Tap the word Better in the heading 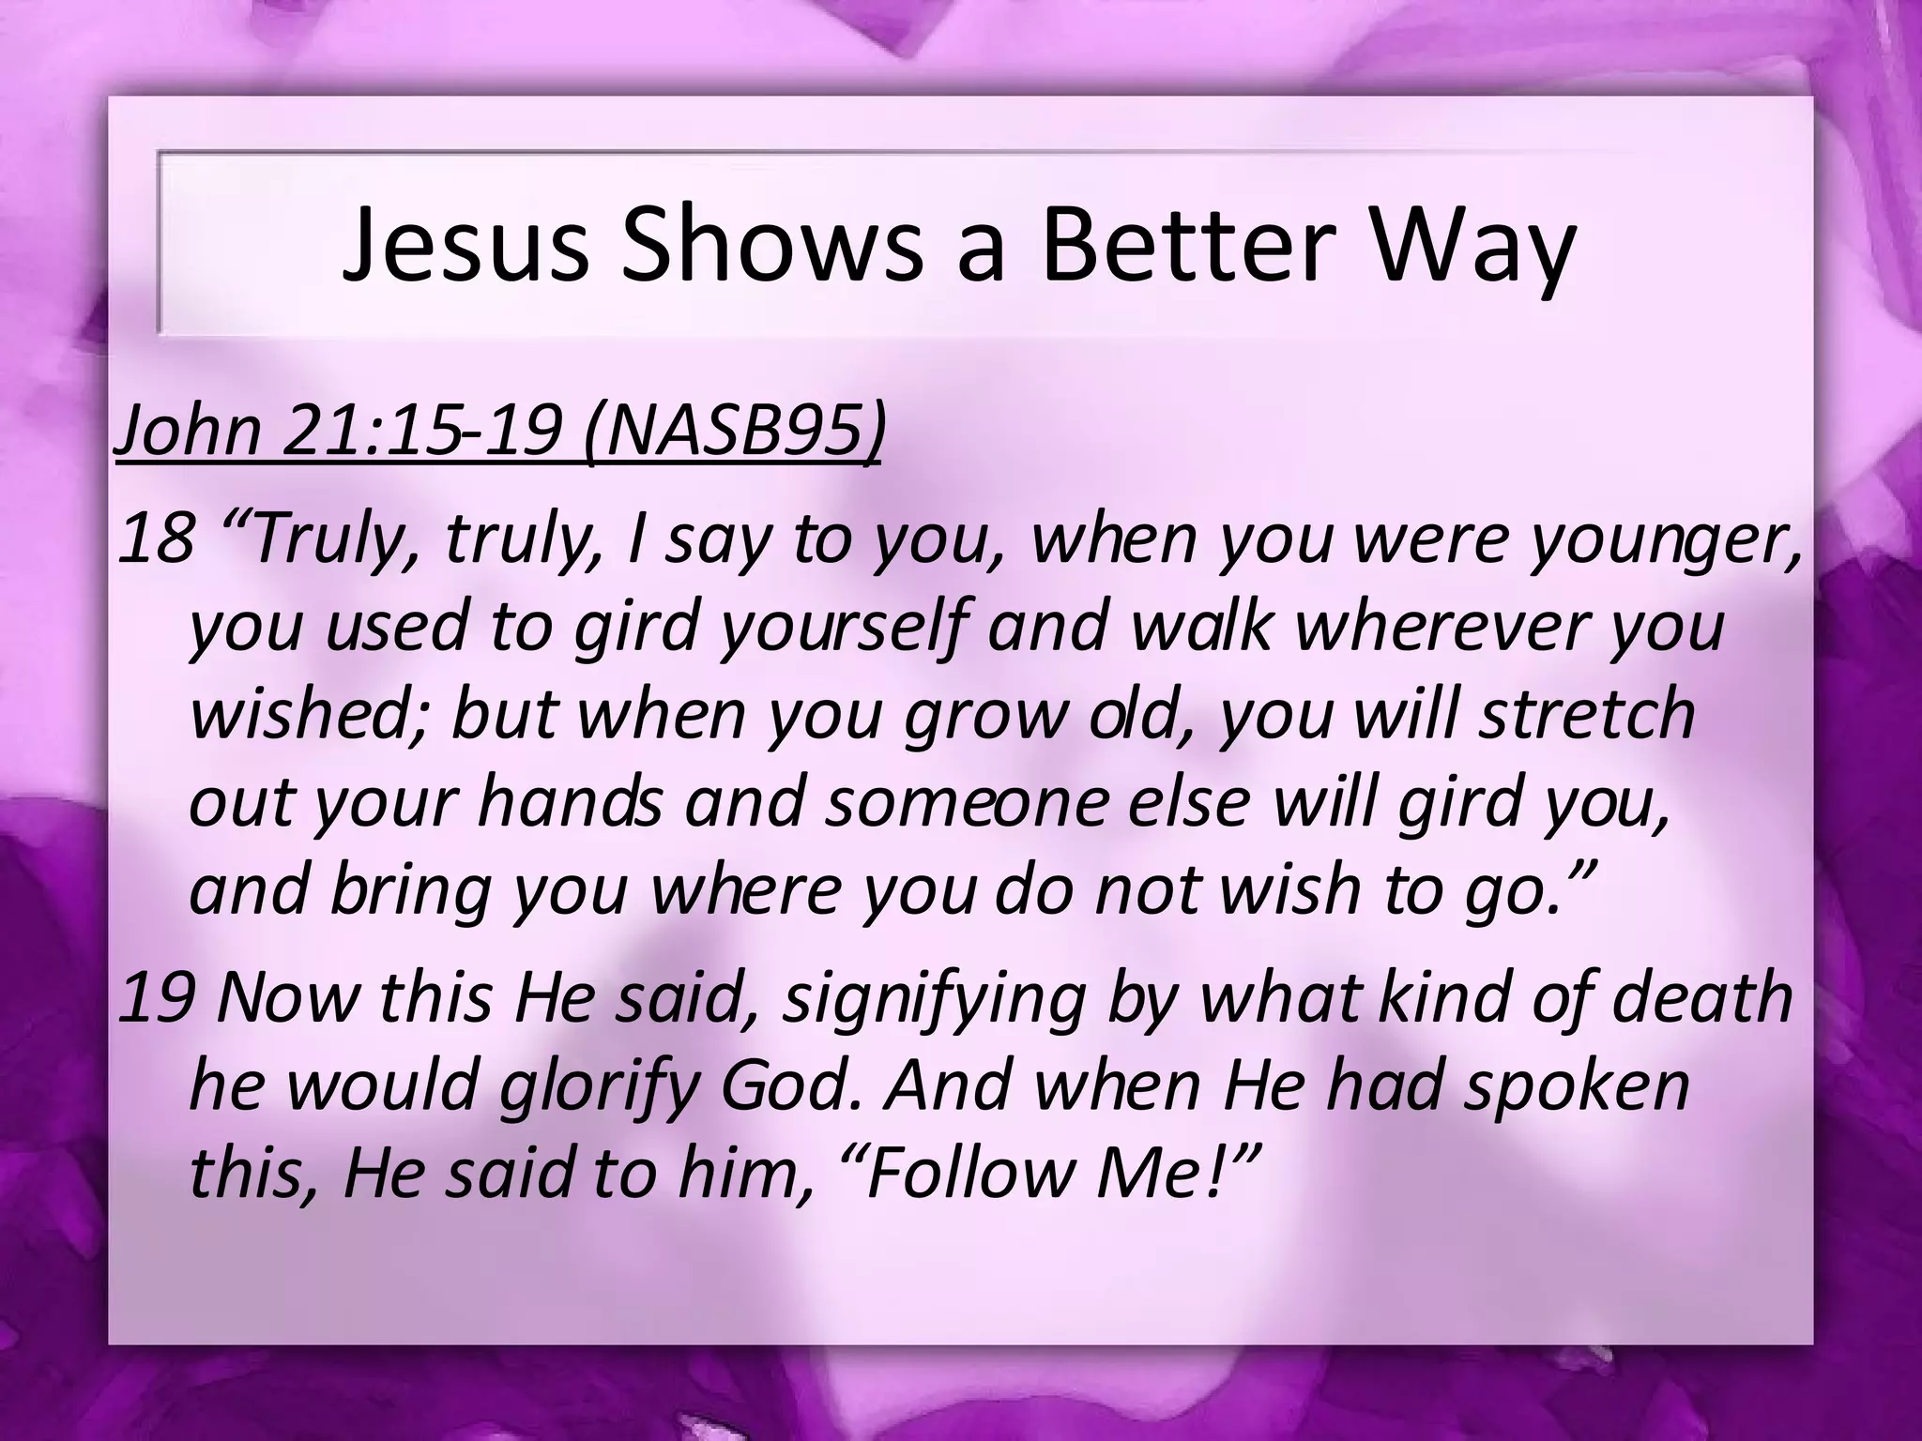pos(1191,245)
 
